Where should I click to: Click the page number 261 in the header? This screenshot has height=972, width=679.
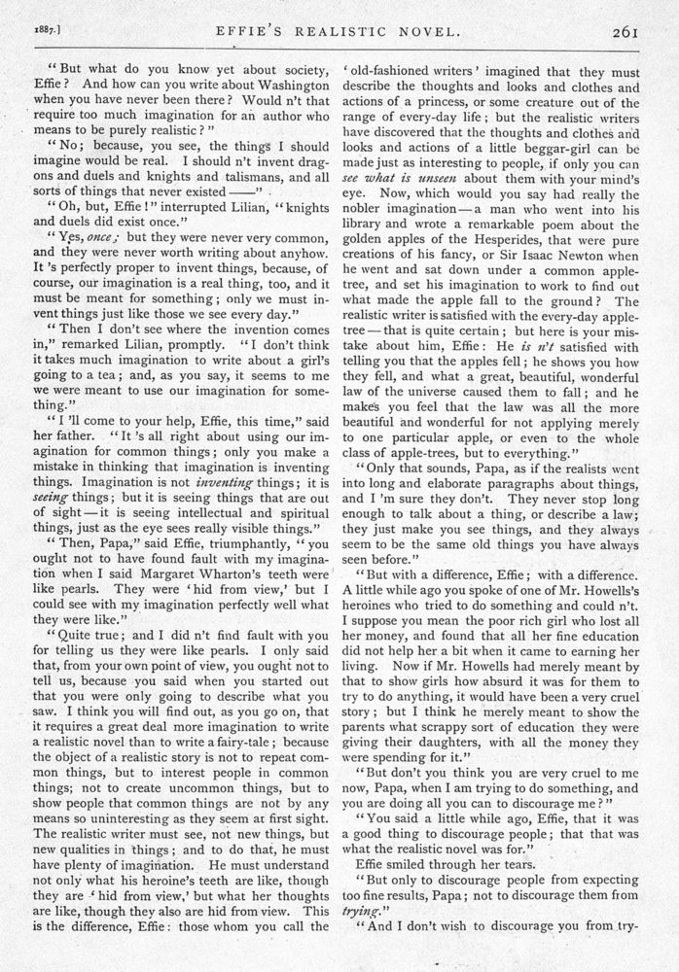(x=624, y=31)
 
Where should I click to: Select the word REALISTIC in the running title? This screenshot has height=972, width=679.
(x=344, y=31)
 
